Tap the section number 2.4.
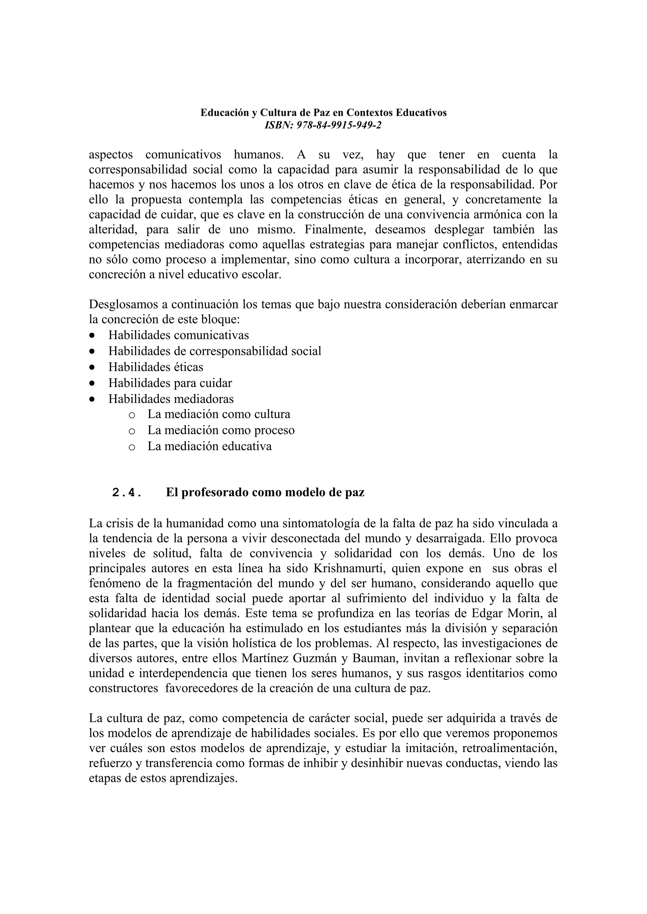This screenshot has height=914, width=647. [x=127, y=493]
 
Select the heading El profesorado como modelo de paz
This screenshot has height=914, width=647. [x=265, y=492]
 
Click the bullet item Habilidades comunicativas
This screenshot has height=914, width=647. [x=178, y=335]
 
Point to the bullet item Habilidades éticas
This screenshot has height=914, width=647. [x=156, y=367]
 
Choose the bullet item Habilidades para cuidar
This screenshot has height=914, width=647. [x=170, y=383]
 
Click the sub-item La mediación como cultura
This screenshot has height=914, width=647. [x=219, y=414]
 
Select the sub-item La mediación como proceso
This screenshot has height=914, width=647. [x=221, y=430]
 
